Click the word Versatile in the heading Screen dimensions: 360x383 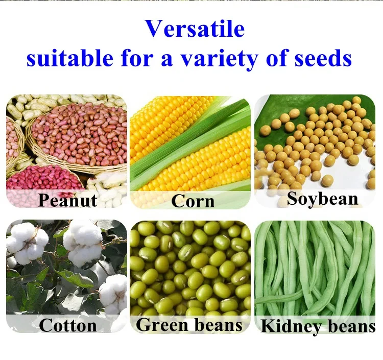195,29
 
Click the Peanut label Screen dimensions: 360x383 67,200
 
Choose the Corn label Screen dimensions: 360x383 193,201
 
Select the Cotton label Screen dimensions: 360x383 67,325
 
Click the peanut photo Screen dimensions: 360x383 66,143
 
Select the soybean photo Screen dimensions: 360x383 315,143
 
